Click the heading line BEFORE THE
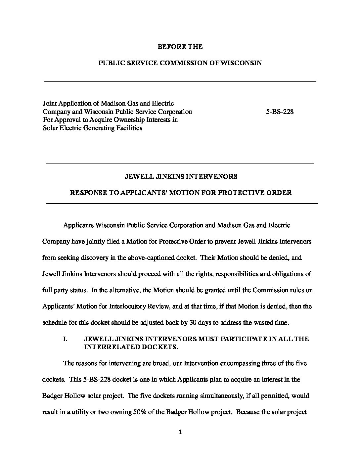tap(180, 47)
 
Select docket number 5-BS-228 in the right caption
tap(280, 112)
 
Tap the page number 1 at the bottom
tap(180, 432)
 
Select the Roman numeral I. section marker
tap(65, 339)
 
